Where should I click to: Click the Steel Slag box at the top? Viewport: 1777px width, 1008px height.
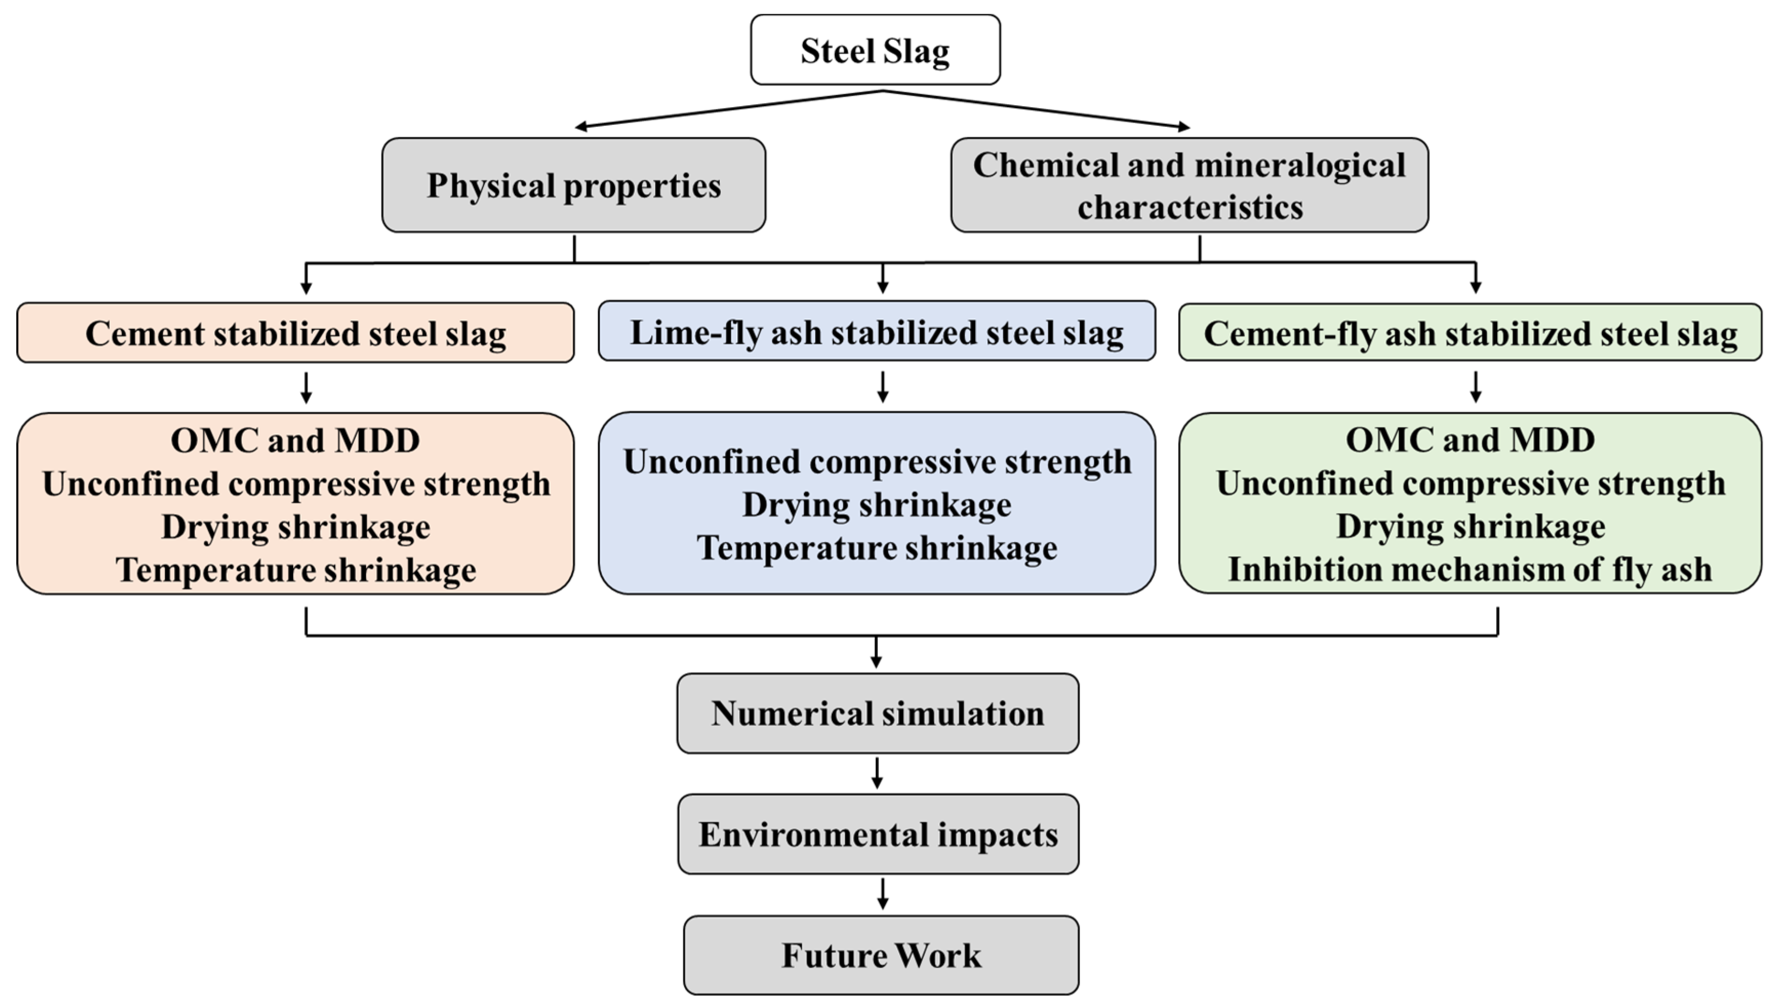[875, 50]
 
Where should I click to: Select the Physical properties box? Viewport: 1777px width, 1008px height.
[573, 185]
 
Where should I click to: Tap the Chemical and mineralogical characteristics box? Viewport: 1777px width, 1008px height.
[1189, 185]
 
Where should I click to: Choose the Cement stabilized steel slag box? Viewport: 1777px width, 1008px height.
[296, 333]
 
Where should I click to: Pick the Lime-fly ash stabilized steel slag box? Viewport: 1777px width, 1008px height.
[876, 332]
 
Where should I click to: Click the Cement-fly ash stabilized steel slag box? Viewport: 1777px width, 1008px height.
[1470, 333]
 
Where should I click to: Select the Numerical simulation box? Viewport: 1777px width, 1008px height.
[877, 713]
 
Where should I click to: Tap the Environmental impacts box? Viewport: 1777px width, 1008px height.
[878, 834]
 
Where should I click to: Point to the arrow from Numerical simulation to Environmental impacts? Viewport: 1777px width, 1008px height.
[877, 773]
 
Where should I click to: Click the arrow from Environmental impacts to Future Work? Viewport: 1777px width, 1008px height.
[882, 894]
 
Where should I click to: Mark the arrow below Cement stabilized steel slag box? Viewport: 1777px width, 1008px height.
[306, 388]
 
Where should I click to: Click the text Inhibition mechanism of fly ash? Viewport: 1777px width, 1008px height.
[1470, 570]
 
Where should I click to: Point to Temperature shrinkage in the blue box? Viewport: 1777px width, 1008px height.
[876, 548]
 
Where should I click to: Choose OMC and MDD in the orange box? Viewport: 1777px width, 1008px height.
[296, 440]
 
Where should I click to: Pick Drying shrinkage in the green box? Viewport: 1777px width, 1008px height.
[1470, 526]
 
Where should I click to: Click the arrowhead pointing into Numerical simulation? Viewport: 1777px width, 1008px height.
[876, 661]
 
